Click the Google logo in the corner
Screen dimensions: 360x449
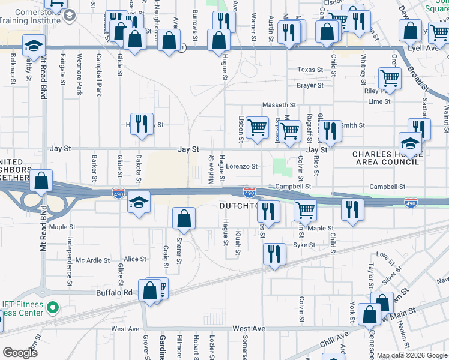[20, 352]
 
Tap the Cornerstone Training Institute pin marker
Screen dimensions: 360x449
[69, 14]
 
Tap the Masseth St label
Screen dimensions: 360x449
[276, 105]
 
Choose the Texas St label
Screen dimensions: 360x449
[310, 70]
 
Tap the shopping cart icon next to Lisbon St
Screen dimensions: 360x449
[258, 126]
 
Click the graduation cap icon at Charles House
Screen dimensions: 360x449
[410, 143]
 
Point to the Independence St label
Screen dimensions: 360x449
[70, 254]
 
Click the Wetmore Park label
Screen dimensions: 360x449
[79, 76]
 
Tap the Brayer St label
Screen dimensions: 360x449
[310, 86]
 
